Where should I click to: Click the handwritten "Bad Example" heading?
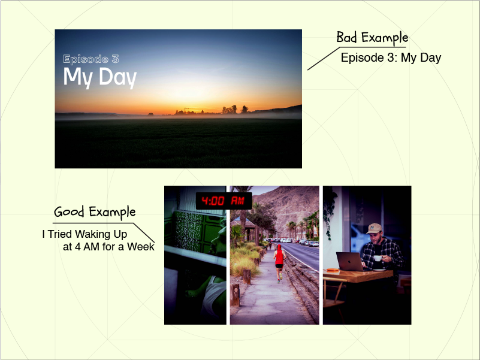click(372, 37)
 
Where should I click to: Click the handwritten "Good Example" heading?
click(95, 212)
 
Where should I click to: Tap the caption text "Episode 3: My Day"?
click(391, 58)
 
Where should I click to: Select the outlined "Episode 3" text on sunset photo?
click(91, 59)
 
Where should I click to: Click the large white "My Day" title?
click(100, 77)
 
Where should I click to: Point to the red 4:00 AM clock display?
click(224, 201)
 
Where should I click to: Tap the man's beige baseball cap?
click(374, 228)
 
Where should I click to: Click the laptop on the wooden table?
click(351, 261)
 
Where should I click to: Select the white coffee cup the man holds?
click(378, 258)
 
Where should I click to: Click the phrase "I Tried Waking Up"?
click(84, 234)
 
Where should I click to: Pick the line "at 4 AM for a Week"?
click(108, 246)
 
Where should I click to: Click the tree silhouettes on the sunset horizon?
click(235, 109)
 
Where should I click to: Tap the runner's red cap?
click(279, 247)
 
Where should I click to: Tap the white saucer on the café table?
click(379, 270)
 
